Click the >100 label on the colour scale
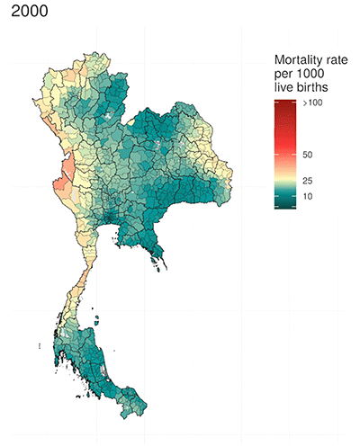[312, 105]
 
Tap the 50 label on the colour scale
[308, 155]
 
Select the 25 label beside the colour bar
[308, 181]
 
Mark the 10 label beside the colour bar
[308, 196]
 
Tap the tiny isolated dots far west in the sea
[40, 346]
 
